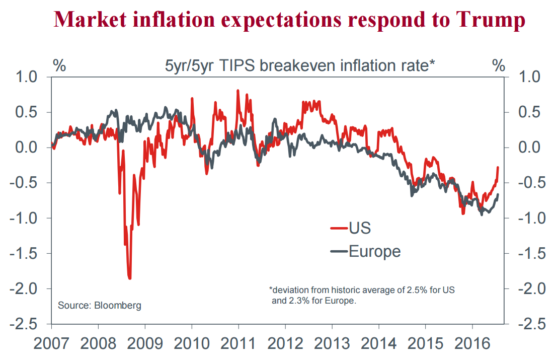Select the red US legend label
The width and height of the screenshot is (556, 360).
pos(360,228)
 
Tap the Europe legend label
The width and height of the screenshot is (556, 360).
pos(375,251)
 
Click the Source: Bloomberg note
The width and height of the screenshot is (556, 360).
pos(100,305)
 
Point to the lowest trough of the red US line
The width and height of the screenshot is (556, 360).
pos(130,278)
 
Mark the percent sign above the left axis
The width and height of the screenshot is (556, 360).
pos(59,65)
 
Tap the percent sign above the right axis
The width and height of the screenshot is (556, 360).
pos(498,65)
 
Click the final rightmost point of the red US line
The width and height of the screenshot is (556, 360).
pos(498,168)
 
